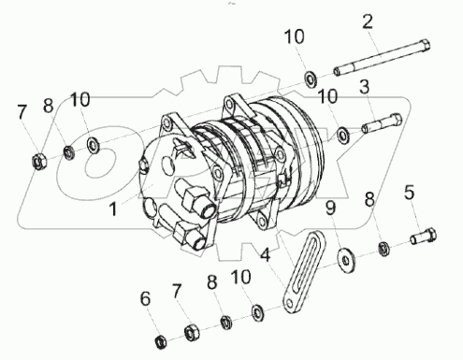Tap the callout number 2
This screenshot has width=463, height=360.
point(368,22)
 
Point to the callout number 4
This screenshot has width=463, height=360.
point(267,252)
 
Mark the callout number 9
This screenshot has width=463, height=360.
point(330,207)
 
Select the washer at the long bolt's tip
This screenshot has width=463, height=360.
point(309,77)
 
